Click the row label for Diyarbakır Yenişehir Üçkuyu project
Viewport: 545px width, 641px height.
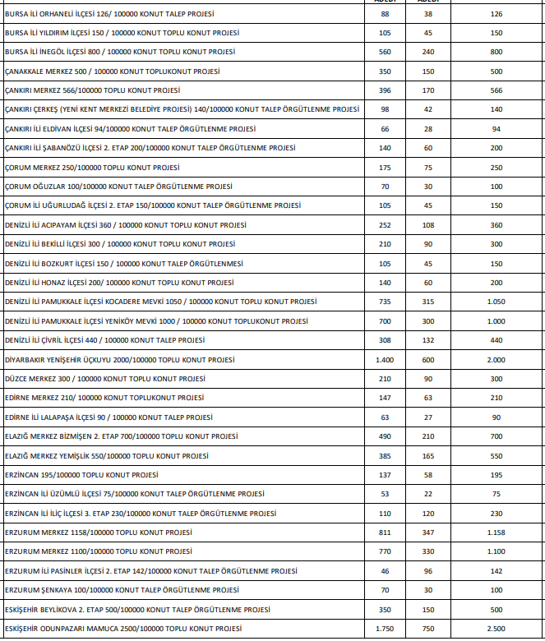[x=120, y=360]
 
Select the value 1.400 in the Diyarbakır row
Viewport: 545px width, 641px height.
[x=385, y=360]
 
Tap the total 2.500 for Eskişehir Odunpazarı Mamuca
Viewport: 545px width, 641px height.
[x=496, y=629]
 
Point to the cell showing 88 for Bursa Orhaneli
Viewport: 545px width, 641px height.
[x=385, y=14]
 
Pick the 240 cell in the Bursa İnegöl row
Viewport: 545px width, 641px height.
[x=427, y=53]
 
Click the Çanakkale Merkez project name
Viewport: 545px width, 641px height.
[x=112, y=71]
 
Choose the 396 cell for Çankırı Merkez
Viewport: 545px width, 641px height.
[x=385, y=90]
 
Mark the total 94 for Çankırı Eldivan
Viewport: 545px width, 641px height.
[x=496, y=129]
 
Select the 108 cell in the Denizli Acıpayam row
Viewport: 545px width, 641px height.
[x=427, y=224]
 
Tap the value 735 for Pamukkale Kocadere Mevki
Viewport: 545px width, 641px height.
[x=385, y=302]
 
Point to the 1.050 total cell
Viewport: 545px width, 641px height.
[x=496, y=302]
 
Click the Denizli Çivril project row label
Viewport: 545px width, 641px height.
[x=105, y=340]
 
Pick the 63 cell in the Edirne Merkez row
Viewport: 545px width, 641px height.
[x=427, y=398]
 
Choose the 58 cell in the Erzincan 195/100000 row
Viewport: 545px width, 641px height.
[x=427, y=475]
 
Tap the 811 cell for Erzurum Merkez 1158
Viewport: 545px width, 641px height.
[x=385, y=533]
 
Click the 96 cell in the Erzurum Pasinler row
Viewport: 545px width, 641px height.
[x=427, y=571]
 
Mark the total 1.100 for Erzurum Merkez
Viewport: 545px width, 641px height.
[x=496, y=551]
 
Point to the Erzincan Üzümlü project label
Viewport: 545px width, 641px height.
[x=135, y=494]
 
